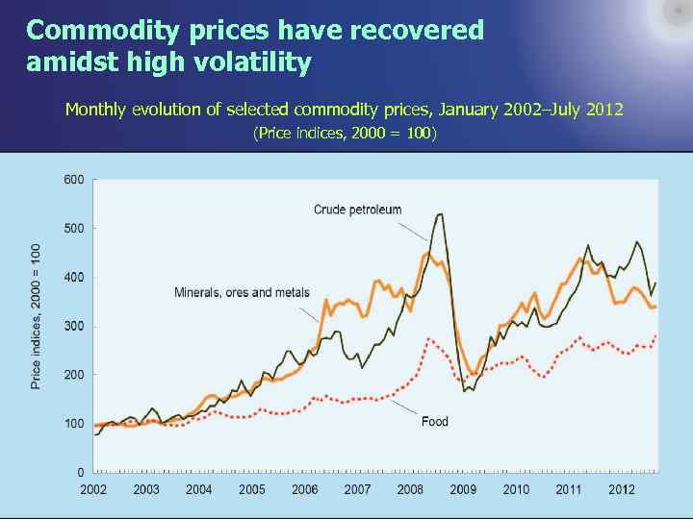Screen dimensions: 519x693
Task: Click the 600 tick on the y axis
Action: (x=74, y=180)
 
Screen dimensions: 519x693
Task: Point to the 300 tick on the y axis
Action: (x=74, y=326)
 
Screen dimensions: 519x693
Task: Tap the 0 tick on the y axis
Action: (x=80, y=472)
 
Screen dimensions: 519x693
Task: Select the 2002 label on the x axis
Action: (x=93, y=489)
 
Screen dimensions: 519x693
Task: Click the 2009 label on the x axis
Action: (x=463, y=489)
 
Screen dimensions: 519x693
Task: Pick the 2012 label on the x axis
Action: (x=622, y=489)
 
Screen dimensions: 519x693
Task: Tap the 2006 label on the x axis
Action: (x=305, y=489)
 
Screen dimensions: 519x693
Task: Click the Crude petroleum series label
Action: (x=357, y=210)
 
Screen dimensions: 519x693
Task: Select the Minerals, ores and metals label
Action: (x=242, y=292)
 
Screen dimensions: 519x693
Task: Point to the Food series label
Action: (x=435, y=421)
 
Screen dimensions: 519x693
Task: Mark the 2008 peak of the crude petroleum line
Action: (x=440, y=214)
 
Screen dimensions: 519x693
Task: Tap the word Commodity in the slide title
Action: (x=89, y=31)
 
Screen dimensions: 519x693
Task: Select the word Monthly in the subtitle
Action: (x=95, y=110)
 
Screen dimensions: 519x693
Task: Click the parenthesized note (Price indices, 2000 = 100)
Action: (x=345, y=133)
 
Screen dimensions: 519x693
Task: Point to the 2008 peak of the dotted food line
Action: (x=429, y=338)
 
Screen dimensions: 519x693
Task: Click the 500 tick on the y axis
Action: (x=74, y=229)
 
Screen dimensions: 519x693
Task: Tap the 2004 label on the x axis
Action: (x=199, y=489)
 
